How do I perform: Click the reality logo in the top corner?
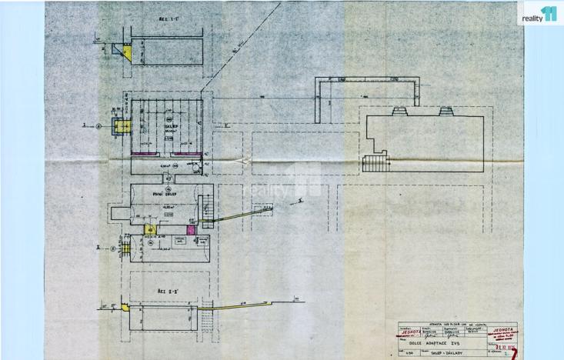pos(540,13)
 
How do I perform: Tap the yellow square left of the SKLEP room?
pos(118,125)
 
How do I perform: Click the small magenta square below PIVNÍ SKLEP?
pos(192,228)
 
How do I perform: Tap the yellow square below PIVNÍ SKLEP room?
pos(151,228)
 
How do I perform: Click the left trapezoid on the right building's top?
pos(399,112)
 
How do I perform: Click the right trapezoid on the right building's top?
pos(445,112)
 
